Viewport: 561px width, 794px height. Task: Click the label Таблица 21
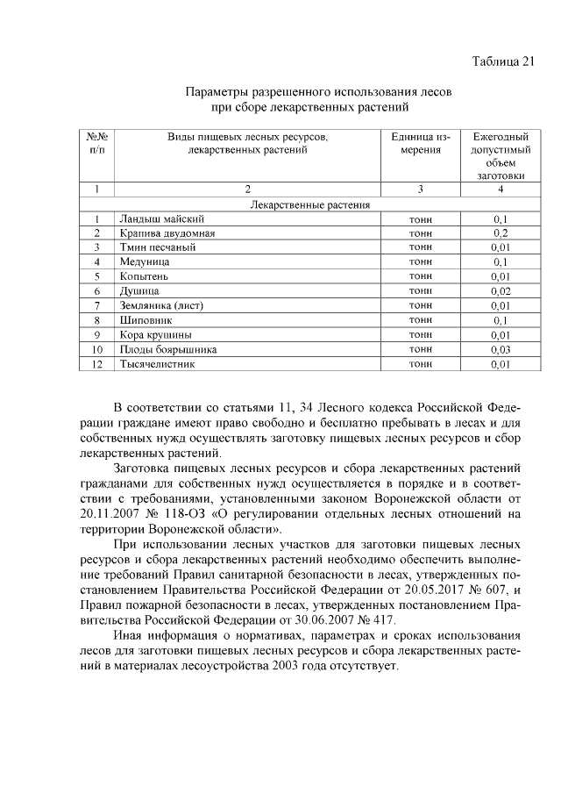[502, 61]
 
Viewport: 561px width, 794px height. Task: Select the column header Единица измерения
[421, 144]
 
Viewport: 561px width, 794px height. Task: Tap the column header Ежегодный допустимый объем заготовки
[501, 156]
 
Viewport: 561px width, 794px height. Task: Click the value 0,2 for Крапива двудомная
[501, 232]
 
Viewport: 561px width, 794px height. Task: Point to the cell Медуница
[145, 261]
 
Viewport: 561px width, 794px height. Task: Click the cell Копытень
[144, 276]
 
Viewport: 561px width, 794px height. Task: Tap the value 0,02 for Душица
[501, 290]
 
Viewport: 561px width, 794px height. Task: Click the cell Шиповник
[145, 320]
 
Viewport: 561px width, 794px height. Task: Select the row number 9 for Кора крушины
[98, 334]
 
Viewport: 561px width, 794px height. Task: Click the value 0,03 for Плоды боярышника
[501, 349]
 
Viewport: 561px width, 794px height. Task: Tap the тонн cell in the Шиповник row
[421, 320]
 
